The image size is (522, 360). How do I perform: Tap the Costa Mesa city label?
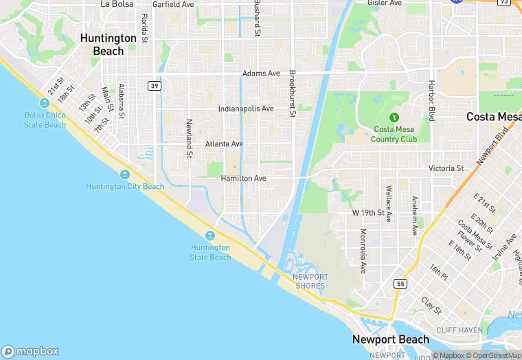493,117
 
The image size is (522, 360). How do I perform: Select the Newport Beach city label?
390,339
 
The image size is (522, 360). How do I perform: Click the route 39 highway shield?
154,85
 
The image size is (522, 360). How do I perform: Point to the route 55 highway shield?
400,284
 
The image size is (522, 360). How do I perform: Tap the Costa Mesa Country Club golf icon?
395,117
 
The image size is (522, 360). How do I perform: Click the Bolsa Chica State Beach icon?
45,103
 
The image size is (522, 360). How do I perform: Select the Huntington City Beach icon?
125,175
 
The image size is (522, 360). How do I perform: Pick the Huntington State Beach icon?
210,236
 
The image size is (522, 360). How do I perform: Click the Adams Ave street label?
261,74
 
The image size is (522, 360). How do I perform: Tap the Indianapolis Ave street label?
246,109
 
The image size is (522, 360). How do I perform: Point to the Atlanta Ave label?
224,144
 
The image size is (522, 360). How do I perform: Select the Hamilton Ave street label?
243,179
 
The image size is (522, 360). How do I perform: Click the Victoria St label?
446,168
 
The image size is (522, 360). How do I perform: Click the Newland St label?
189,137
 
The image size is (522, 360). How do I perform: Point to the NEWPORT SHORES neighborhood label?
310,281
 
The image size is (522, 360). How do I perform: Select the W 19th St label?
368,213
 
